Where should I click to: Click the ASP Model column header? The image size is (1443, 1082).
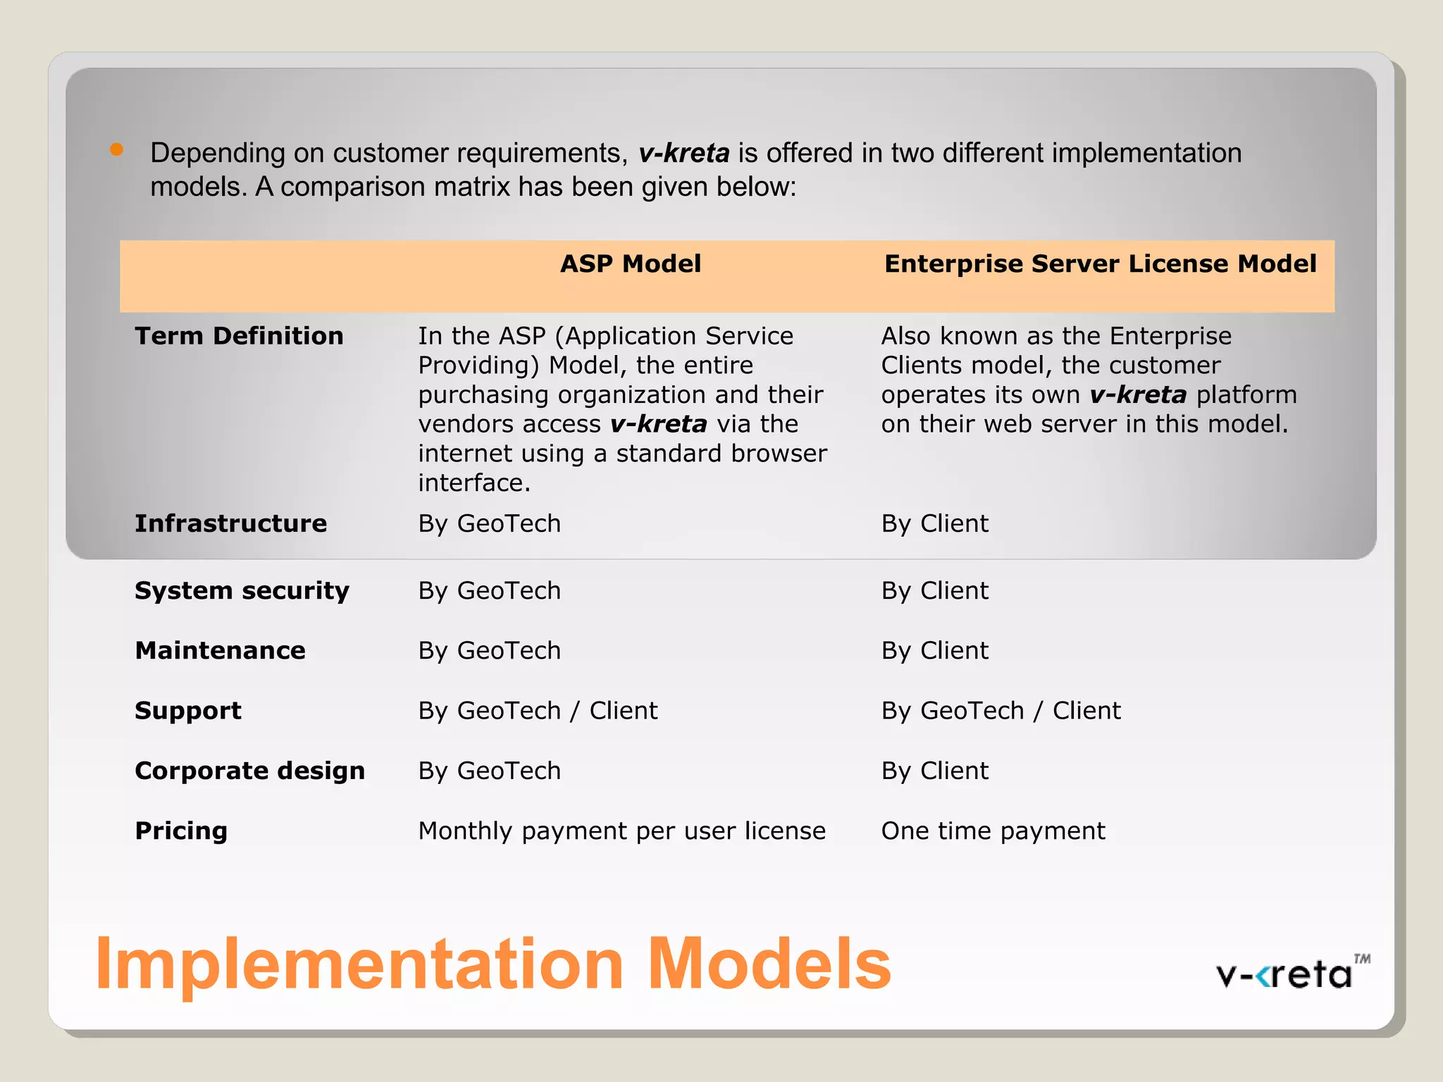click(x=630, y=264)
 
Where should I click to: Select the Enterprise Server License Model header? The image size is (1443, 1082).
click(x=1100, y=264)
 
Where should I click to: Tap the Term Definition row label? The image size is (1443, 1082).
click(x=239, y=336)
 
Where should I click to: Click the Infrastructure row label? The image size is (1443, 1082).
click(x=230, y=523)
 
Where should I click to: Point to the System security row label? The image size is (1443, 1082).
click(x=242, y=590)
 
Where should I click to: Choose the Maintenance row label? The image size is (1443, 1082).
click(x=220, y=650)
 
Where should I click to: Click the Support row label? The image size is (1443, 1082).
click(x=188, y=711)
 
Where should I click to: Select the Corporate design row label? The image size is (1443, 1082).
click(x=249, y=771)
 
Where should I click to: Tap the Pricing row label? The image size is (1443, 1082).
click(x=181, y=831)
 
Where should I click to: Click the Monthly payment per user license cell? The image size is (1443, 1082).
click(x=621, y=831)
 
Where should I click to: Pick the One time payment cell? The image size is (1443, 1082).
click(x=993, y=831)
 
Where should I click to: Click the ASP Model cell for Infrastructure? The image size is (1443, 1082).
click(x=489, y=523)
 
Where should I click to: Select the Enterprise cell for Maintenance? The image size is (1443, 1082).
click(x=934, y=650)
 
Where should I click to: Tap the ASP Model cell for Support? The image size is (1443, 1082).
click(x=538, y=711)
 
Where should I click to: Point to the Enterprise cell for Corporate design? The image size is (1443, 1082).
click(x=934, y=771)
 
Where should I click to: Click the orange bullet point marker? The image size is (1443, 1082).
click(x=117, y=149)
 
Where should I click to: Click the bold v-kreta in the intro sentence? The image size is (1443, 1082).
click(x=683, y=154)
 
